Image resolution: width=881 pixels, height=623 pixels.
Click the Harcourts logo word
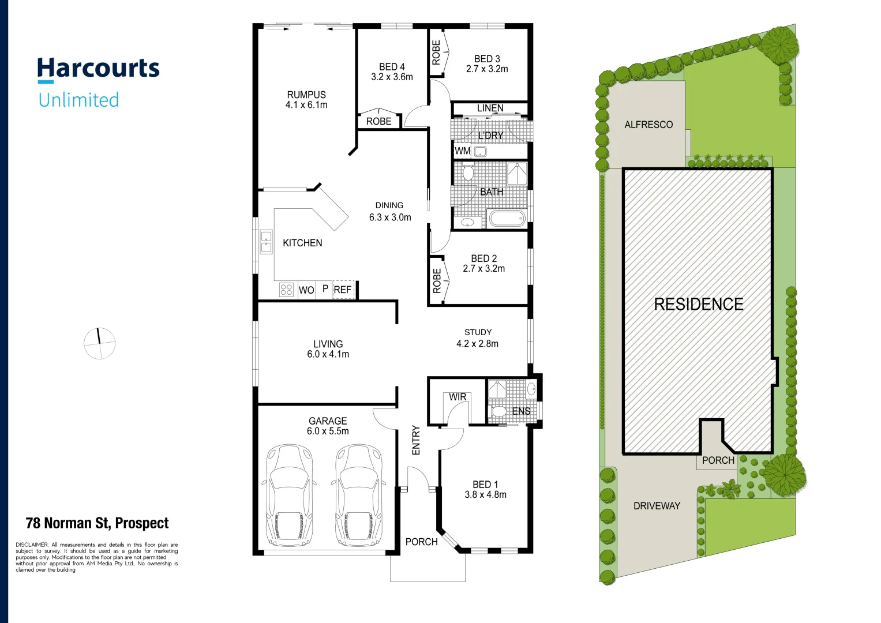[98, 69]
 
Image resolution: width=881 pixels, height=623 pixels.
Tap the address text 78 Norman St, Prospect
[97, 523]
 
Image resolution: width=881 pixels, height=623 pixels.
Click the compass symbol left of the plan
[100, 343]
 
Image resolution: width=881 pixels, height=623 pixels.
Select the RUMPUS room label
[306, 95]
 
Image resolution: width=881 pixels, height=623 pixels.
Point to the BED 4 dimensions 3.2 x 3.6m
[392, 77]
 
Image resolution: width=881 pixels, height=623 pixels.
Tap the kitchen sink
[266, 242]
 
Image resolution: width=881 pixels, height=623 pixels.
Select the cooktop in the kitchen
[286, 290]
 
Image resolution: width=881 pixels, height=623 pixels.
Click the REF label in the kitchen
[343, 290]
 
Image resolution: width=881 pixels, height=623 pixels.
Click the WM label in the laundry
[462, 151]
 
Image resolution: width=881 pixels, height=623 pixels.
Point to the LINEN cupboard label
[490, 108]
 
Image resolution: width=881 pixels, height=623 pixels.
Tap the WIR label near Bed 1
[458, 397]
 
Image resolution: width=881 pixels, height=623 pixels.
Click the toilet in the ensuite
[497, 411]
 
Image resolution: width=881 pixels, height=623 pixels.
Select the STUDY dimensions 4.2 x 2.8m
[477, 344]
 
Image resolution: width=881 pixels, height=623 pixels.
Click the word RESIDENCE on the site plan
[698, 304]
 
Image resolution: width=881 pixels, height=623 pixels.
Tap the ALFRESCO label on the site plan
[648, 125]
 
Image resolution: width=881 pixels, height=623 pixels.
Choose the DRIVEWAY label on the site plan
[657, 506]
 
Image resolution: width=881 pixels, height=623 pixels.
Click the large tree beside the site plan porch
[784, 474]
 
